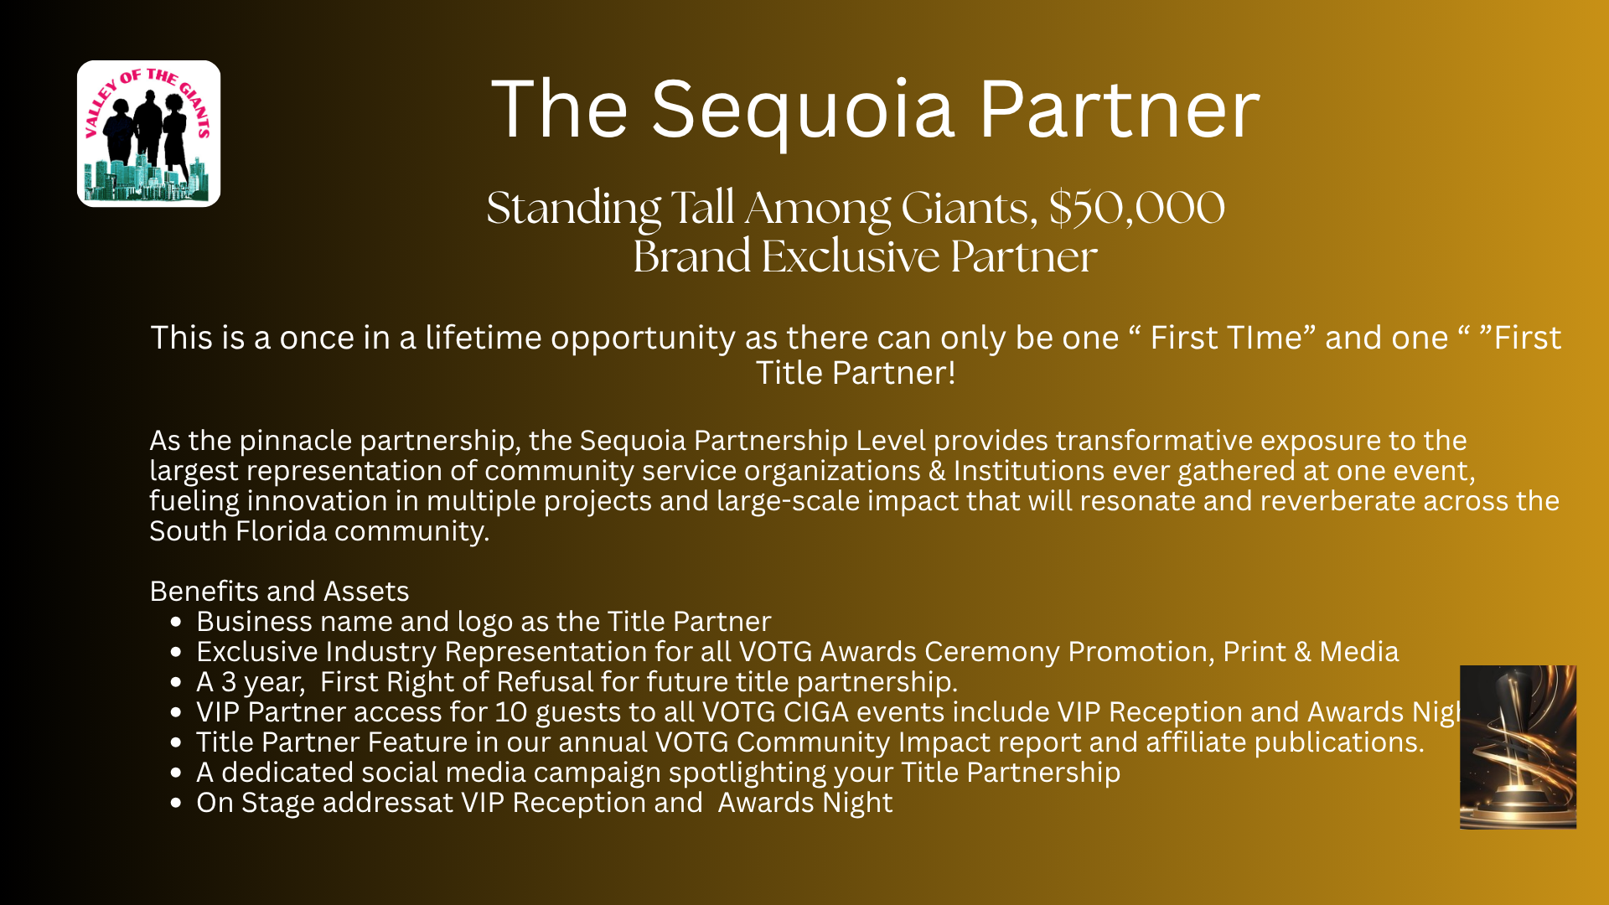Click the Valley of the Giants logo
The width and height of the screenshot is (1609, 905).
tap(149, 133)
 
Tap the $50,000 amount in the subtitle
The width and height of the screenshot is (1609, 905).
tap(1136, 208)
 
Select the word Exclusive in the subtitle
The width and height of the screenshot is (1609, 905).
tap(850, 256)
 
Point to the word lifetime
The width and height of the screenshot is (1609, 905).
tap(484, 338)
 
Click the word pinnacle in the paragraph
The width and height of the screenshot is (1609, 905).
tap(295, 442)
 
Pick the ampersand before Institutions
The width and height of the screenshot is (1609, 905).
tap(937, 471)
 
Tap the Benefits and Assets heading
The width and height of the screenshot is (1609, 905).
tap(279, 592)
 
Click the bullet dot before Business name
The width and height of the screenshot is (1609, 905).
tap(175, 623)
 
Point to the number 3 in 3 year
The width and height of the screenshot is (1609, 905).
tap(228, 682)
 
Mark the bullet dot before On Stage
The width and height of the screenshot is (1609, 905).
tap(175, 804)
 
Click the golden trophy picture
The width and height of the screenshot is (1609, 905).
tap(1518, 747)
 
